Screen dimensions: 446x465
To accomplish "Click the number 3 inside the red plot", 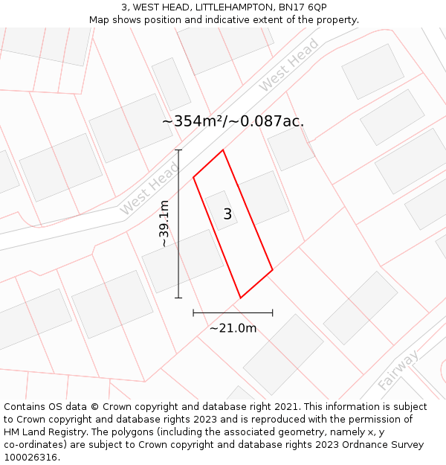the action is (227, 214).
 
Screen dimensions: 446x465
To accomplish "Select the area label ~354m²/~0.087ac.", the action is (233, 121).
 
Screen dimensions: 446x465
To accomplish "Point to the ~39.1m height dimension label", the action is (164, 224).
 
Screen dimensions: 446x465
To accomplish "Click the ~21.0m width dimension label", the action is (233, 328).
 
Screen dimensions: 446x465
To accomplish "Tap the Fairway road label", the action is (397, 370).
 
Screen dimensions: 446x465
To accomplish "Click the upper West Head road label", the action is (289, 65).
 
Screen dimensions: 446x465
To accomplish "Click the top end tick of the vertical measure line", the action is (178, 150).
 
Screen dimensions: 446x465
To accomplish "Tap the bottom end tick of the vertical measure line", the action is (178, 298).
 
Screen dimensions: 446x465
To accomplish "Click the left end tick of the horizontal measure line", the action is (193, 312).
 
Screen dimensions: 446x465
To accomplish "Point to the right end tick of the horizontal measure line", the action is (272, 312).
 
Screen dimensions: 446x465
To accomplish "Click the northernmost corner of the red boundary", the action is (223, 150).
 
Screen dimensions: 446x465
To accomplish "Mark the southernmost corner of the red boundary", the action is (240, 298).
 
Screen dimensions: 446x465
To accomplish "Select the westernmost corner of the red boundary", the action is (193, 177).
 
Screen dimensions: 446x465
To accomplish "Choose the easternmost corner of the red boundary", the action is (272, 269).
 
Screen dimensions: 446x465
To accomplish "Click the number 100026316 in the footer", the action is (30, 458).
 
